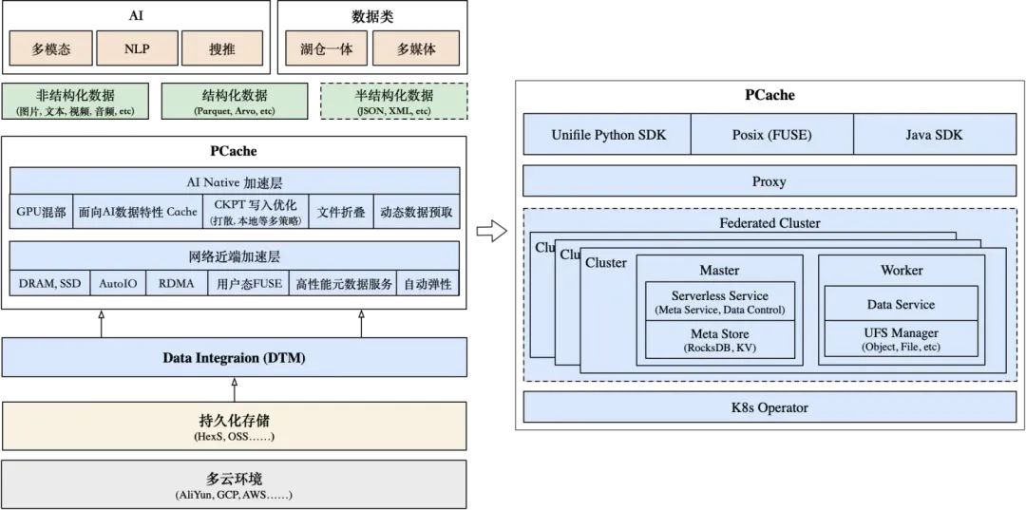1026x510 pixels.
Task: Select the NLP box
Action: coord(137,48)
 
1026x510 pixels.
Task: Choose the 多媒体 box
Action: coord(415,48)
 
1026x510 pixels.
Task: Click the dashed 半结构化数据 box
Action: coord(394,102)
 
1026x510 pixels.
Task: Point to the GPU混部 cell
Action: coord(41,213)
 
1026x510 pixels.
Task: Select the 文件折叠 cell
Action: coord(341,213)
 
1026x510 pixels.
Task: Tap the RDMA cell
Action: coord(177,283)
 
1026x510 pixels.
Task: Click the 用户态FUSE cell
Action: coord(249,283)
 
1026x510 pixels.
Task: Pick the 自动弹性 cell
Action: coord(427,283)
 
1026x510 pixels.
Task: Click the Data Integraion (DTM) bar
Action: coord(234,358)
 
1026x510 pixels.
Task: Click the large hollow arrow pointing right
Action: coord(490,231)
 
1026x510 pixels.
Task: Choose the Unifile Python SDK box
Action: coord(608,135)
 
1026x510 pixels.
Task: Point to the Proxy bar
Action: coord(769,181)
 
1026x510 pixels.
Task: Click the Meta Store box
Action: coord(719,340)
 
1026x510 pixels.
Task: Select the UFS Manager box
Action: coord(901,340)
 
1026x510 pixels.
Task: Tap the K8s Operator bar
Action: coord(769,407)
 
